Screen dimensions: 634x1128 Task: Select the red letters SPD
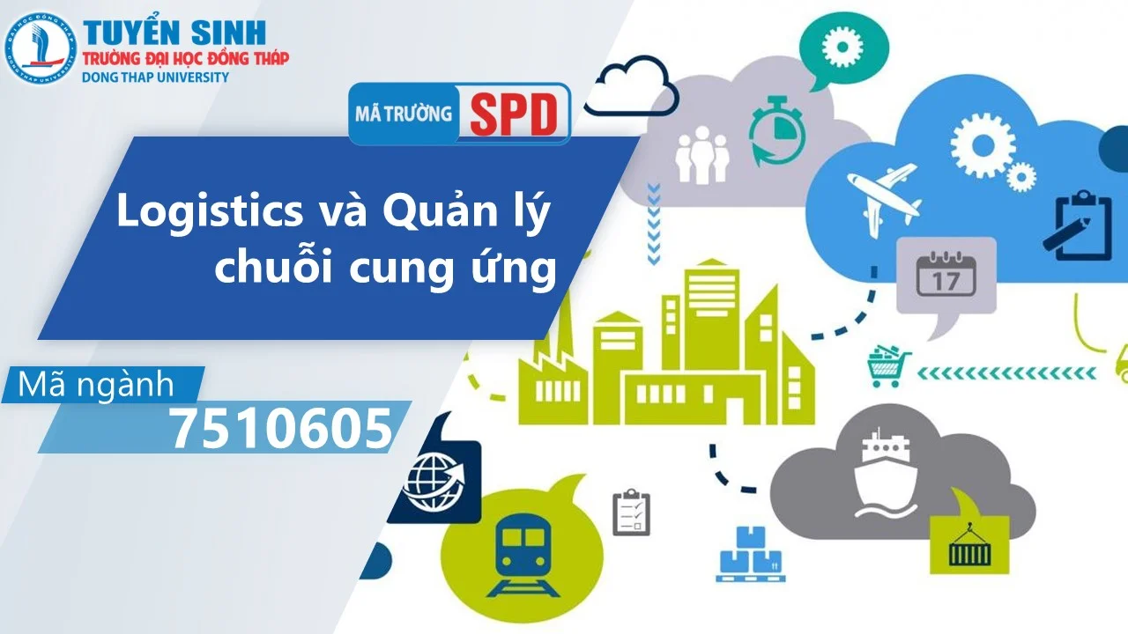click(x=514, y=114)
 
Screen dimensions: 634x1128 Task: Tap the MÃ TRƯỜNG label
click(x=404, y=114)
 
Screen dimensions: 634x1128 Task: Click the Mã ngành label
click(x=97, y=385)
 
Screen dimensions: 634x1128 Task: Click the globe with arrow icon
click(x=434, y=481)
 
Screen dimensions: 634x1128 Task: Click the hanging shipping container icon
click(x=968, y=545)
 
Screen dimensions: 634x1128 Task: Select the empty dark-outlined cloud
click(x=631, y=87)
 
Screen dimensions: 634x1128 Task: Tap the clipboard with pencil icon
click(x=1082, y=224)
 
